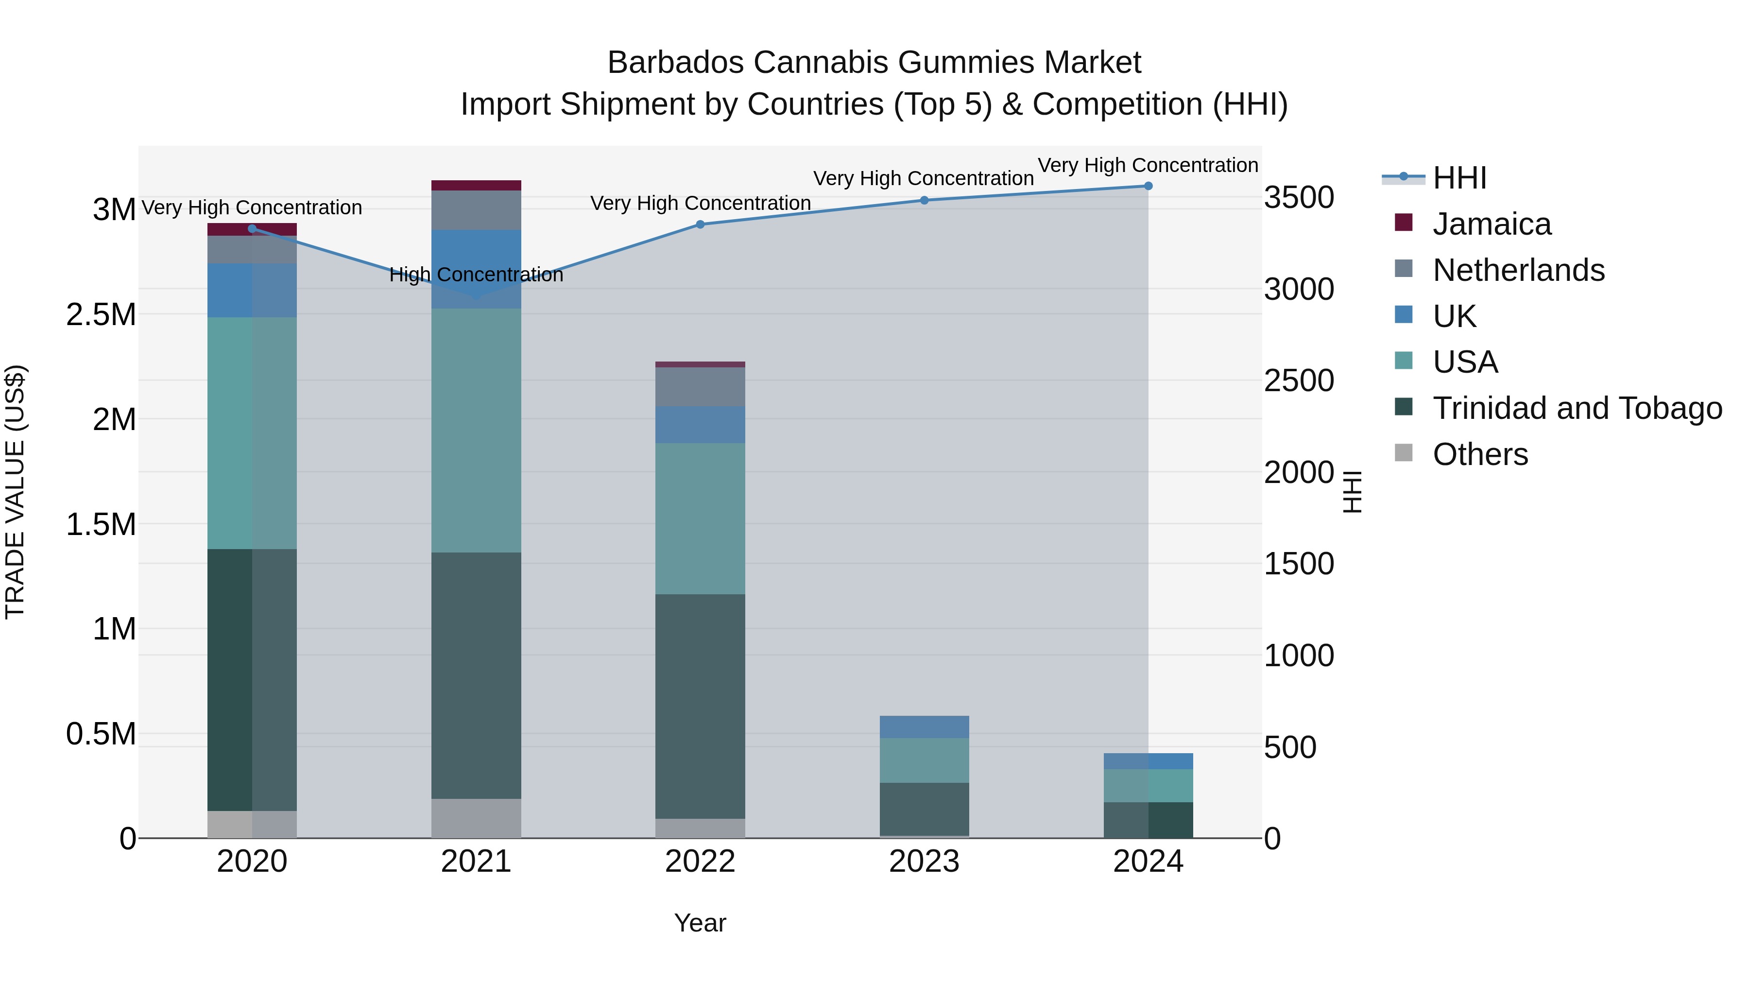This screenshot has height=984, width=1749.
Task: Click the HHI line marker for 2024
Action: (1148, 186)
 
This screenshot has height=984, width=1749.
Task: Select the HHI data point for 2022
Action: (700, 225)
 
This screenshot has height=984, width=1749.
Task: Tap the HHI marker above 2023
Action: (924, 200)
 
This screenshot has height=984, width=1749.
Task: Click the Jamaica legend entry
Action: (1491, 224)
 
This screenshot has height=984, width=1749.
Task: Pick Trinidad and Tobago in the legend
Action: (1577, 408)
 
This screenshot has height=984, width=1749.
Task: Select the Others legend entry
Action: (1480, 454)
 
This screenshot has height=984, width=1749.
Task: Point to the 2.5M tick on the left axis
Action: (101, 315)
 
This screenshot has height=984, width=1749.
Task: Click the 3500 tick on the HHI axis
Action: (1299, 198)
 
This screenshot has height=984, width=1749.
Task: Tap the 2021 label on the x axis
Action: (476, 862)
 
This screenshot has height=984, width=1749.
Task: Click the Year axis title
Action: (700, 923)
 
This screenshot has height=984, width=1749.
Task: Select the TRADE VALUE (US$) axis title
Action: (15, 492)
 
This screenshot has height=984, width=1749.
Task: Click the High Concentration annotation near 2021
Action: (476, 275)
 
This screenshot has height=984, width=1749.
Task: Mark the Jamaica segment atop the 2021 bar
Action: (476, 186)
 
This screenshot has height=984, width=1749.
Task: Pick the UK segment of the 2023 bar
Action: (924, 726)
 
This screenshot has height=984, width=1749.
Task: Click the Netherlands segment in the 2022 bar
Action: (700, 386)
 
